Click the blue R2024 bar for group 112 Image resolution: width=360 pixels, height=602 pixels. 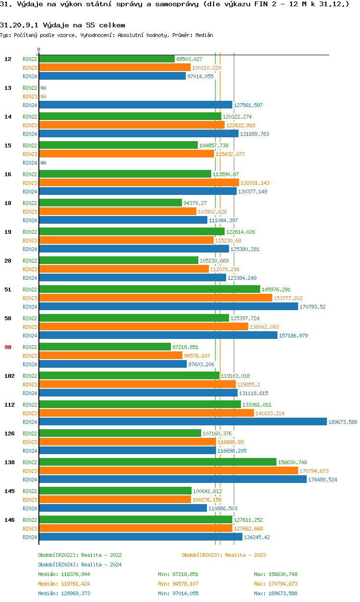click(x=182, y=421)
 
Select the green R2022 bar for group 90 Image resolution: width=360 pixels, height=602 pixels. click(x=105, y=347)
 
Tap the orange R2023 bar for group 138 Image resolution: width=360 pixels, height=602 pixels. click(x=168, y=470)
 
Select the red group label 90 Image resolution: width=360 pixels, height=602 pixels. click(x=8, y=347)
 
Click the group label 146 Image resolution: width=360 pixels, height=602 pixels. click(x=9, y=520)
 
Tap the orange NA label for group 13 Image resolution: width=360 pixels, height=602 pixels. click(x=43, y=96)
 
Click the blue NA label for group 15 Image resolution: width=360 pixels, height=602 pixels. click(x=43, y=163)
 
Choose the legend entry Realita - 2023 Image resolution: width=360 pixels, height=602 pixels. click(x=224, y=555)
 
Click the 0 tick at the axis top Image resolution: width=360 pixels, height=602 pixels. click(x=39, y=49)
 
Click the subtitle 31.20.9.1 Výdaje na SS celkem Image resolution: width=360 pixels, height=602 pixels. click(x=62, y=25)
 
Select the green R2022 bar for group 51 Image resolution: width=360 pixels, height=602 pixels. click(x=149, y=289)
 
